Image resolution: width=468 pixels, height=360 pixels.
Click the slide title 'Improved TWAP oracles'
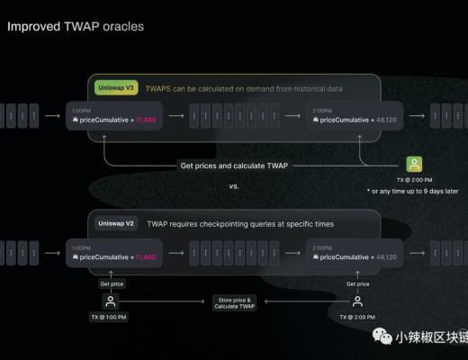[x=76, y=27]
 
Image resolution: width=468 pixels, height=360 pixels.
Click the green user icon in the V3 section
[x=413, y=164]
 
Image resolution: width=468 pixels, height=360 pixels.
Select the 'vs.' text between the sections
[x=234, y=187]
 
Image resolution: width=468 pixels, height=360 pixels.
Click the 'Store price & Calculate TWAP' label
[x=233, y=301]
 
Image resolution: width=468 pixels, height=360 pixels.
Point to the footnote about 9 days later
[x=412, y=192]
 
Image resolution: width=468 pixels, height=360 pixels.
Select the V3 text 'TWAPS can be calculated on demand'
[x=233, y=88]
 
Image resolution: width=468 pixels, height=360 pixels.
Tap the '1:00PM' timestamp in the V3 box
[x=81, y=110]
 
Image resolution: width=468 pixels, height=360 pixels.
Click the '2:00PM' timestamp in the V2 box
[x=322, y=247]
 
